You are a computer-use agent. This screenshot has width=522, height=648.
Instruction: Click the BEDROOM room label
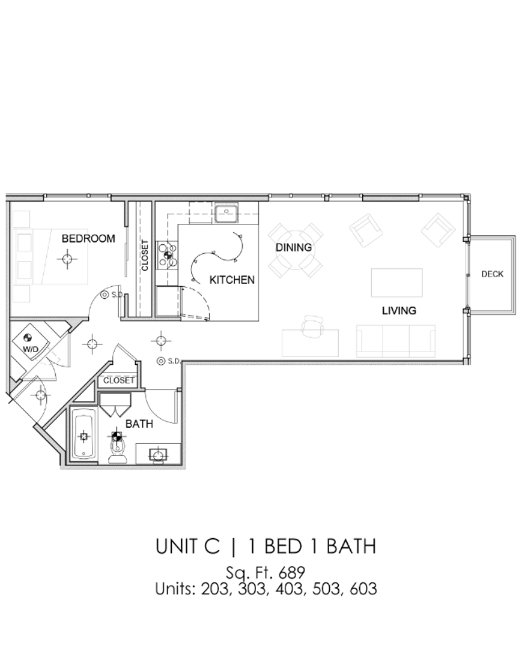88,238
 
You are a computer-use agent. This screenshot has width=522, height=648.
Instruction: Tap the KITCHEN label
231,280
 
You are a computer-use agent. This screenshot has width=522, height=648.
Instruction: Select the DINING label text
293,247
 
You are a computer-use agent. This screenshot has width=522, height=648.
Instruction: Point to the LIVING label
399,310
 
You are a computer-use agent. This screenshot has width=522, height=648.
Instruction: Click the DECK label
492,274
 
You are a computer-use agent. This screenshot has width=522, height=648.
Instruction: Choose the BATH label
139,424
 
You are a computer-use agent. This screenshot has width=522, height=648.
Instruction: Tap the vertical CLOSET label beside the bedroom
145,256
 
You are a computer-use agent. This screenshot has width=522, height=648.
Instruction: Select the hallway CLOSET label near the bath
118,380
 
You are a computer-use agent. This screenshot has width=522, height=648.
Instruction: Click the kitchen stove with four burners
167,256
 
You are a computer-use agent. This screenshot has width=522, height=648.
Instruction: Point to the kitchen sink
226,212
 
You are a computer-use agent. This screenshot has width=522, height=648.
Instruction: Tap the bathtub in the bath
83,436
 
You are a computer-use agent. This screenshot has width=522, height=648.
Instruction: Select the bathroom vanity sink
158,454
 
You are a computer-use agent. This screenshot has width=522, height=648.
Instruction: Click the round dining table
295,250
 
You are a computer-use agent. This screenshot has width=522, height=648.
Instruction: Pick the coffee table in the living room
396,283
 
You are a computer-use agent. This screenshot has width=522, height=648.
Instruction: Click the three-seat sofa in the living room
395,340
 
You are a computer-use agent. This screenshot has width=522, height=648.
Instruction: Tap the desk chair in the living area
312,326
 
